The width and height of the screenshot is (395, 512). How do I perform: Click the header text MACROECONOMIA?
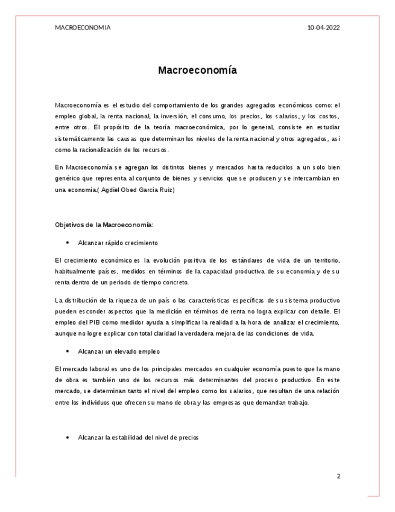[x=83, y=28]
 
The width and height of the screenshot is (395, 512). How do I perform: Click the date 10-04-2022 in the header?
[x=323, y=28]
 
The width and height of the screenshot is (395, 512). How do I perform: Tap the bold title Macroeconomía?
[x=197, y=71]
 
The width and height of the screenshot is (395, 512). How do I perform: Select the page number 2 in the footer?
[x=338, y=476]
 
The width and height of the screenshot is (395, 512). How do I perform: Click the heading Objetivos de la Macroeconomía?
[x=104, y=225]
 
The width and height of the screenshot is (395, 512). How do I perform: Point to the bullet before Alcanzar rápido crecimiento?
[x=68, y=243]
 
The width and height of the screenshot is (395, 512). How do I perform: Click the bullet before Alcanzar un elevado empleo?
[x=68, y=351]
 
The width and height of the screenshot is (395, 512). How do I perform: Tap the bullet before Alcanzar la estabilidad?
[x=68, y=437]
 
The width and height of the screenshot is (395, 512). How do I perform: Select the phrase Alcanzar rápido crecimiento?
[x=118, y=243]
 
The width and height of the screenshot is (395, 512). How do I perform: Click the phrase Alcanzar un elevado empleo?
[x=119, y=351]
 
